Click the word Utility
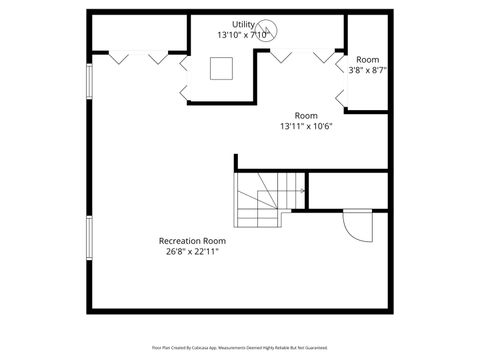(x=243, y=24)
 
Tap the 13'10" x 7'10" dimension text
(x=243, y=35)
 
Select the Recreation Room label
(x=192, y=241)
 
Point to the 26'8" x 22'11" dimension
(x=192, y=252)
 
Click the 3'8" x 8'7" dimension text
(x=368, y=70)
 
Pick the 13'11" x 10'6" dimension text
(x=306, y=126)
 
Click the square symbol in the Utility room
(x=221, y=68)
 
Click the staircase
(x=265, y=200)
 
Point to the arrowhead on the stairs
(x=301, y=189)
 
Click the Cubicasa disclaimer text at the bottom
(x=240, y=348)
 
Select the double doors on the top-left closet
(x=138, y=58)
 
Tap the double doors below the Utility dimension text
(x=301, y=57)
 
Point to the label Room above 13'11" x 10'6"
(x=306, y=115)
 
